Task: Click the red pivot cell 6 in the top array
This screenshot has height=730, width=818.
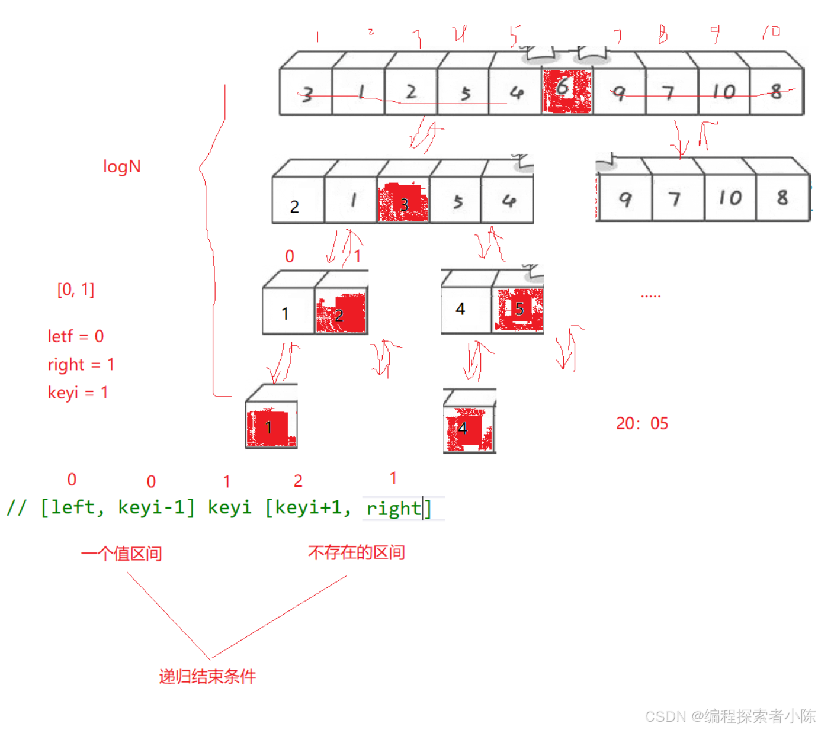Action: [567, 91]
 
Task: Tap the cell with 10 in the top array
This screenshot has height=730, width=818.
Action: [723, 92]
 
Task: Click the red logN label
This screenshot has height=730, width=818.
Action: [122, 166]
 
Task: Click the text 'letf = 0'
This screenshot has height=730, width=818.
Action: [76, 336]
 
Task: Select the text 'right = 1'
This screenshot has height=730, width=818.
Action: [81, 364]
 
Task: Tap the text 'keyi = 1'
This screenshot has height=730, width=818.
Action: [78, 393]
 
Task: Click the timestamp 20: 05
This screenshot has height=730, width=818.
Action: [642, 423]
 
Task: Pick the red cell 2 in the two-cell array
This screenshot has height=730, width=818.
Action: [341, 313]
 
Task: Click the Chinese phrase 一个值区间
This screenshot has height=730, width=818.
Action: [121, 554]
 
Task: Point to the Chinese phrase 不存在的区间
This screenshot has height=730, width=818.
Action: [356, 552]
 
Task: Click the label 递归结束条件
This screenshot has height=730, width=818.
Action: [207, 676]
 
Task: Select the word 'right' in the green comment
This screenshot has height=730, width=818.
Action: [393, 509]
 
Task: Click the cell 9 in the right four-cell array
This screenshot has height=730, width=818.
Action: [625, 199]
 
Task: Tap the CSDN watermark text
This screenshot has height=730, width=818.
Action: [730, 716]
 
